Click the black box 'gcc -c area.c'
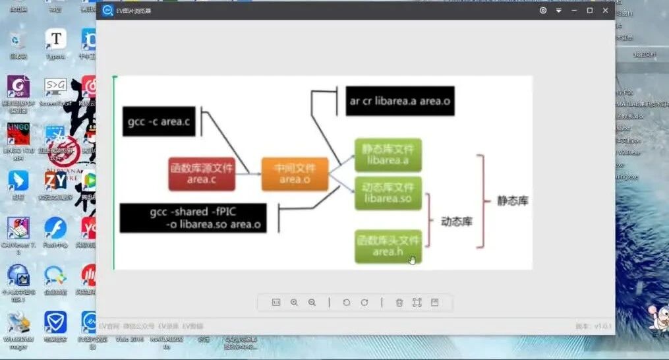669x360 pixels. coord(159,121)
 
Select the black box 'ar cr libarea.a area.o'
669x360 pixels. coord(400,101)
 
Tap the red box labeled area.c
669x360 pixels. coord(201,174)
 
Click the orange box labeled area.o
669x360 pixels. coord(294,174)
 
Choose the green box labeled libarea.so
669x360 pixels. coord(388,193)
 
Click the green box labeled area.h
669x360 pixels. coord(388,247)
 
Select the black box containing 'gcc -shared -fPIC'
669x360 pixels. coord(192,218)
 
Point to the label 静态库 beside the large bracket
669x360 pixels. coord(512,200)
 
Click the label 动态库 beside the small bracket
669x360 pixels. coord(456,222)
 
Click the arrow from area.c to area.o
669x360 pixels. coord(248,174)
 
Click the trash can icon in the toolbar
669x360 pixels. coord(399,302)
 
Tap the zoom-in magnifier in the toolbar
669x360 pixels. coord(294,302)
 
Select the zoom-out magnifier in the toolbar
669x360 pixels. coord(312,302)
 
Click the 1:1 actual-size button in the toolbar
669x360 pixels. coord(276,302)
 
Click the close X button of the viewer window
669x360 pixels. coord(605,11)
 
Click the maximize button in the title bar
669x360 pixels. coord(589,11)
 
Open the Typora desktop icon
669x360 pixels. coord(55,41)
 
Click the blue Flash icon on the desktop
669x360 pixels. coord(55,229)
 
